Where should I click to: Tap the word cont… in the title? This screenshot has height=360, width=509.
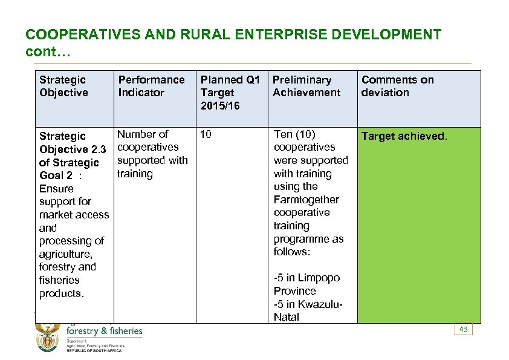click(x=48, y=52)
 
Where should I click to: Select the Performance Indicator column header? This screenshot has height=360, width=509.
click(x=151, y=86)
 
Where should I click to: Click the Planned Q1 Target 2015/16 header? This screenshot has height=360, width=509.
click(x=230, y=93)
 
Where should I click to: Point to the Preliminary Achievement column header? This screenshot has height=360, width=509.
click(x=306, y=86)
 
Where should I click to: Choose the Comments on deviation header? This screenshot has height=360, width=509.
click(x=397, y=86)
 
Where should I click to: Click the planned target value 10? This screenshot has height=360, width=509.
click(x=206, y=134)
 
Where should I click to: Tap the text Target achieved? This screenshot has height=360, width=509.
click(x=404, y=136)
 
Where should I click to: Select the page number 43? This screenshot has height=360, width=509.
click(x=464, y=329)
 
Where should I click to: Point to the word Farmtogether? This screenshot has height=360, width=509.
click(x=306, y=200)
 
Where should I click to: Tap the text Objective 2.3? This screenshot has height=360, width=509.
click(x=73, y=149)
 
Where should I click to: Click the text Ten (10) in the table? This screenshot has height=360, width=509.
click(x=294, y=134)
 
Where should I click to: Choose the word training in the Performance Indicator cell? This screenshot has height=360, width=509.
click(x=135, y=174)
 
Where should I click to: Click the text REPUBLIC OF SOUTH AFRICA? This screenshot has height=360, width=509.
click(x=94, y=351)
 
